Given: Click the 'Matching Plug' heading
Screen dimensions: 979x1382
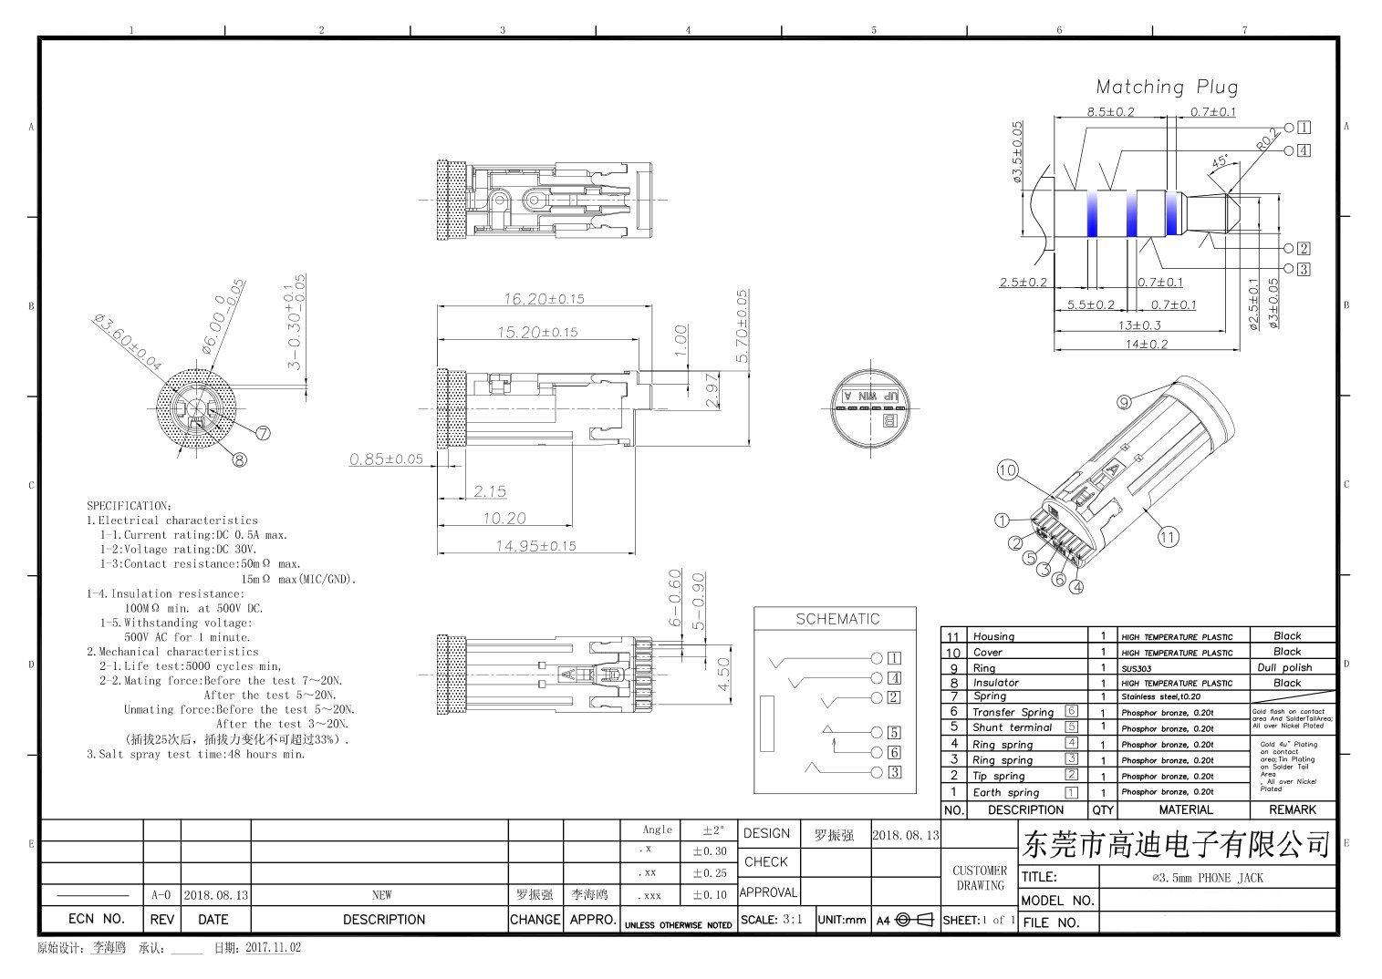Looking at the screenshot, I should point(1167,88).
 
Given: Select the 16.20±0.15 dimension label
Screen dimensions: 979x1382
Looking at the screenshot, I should point(544,299).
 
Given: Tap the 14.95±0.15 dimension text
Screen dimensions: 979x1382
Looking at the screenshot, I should point(535,546).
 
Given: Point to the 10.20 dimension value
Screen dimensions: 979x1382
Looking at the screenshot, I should point(504,519).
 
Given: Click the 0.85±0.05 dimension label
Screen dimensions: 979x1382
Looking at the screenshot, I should point(386,459).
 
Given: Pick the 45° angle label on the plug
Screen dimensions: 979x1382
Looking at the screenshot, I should point(1220,161).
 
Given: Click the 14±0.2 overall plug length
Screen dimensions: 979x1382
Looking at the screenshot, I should point(1146,344).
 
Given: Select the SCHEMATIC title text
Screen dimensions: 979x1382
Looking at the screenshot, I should point(836,619).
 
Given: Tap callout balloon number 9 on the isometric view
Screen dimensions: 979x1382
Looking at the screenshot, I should point(1124,401).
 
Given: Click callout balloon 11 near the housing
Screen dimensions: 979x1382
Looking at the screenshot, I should point(1168,537).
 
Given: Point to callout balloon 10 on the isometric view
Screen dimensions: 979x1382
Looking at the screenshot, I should point(1007,470).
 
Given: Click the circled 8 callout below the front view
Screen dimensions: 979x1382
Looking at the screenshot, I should point(239,459).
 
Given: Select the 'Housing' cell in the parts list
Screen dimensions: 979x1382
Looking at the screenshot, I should point(993,636).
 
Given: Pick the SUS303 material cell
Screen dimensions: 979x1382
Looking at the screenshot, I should point(1137,668).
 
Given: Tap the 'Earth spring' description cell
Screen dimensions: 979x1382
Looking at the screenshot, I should point(1005,792).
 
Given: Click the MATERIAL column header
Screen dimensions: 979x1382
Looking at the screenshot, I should point(1185,809).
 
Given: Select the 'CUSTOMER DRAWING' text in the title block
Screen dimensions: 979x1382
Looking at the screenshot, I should point(980,878).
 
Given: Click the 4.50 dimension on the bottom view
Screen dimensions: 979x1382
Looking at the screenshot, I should point(722,674).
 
